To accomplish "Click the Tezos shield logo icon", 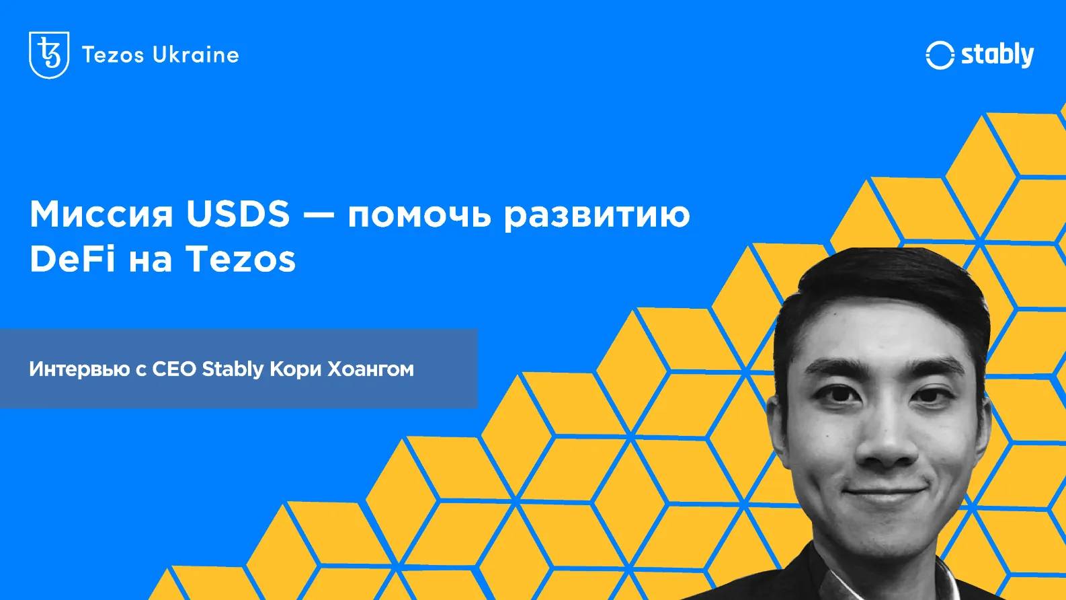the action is click(x=49, y=54).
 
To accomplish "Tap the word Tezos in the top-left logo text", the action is click(x=113, y=55).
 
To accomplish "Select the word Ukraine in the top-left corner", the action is click(x=196, y=54).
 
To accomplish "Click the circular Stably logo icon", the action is click(x=940, y=55).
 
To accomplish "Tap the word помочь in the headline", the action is click(x=419, y=215).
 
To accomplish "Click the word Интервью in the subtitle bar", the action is click(x=79, y=369).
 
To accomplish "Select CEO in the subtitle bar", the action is click(x=174, y=369).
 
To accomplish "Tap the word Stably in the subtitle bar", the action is click(x=233, y=369).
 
